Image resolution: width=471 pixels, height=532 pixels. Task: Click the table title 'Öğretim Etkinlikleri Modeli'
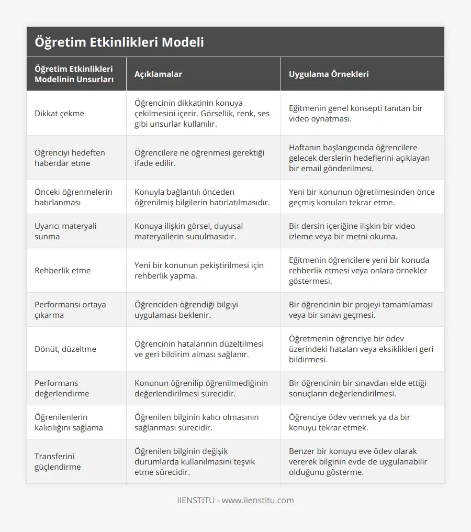[119, 42]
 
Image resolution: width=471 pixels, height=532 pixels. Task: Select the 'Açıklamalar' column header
[158, 74]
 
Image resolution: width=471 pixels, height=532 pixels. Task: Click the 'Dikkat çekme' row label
[59, 113]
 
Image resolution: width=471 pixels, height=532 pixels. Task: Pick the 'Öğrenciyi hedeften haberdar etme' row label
[70, 158]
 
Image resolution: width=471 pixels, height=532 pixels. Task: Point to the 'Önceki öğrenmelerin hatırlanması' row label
[73, 197]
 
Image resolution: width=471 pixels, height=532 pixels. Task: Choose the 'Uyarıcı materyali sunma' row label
[65, 231]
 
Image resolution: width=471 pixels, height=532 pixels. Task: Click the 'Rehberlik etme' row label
[62, 270]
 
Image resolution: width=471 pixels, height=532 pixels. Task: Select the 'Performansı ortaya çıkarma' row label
[70, 309]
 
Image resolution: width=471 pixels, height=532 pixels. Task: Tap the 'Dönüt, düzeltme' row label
[65, 349]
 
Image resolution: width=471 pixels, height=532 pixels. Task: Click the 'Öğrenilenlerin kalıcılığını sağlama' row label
[69, 422]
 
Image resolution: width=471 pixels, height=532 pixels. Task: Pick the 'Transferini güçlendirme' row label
[58, 461]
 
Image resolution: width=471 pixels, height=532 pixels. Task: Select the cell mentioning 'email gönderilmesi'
[361, 158]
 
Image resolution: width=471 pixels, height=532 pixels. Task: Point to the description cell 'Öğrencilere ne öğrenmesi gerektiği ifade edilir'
[199, 158]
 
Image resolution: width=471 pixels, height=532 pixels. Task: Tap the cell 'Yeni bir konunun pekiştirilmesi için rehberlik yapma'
[199, 270]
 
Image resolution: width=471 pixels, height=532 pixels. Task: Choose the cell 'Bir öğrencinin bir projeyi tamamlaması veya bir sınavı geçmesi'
[361, 309]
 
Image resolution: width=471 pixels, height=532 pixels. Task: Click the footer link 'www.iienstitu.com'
[257, 500]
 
